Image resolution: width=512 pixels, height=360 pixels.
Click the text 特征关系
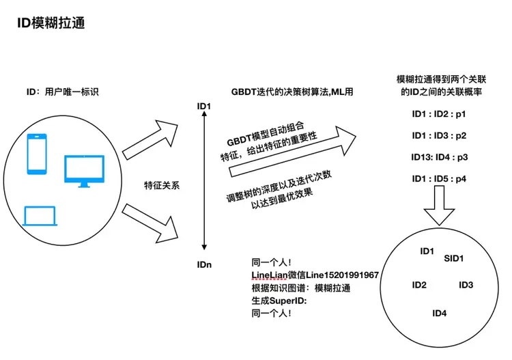pyautogui.click(x=162, y=185)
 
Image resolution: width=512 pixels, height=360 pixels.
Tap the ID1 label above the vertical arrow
pyautogui.click(x=204, y=106)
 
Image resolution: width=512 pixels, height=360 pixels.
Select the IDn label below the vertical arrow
pyautogui.click(x=204, y=264)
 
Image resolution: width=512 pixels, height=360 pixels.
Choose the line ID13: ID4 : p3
pyautogui.click(x=439, y=156)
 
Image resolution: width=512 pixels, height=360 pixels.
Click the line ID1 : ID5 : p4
pyautogui.click(x=439, y=178)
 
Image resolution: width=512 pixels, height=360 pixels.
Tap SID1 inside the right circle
pyautogui.click(x=454, y=259)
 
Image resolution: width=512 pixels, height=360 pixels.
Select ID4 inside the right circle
pyautogui.click(x=440, y=313)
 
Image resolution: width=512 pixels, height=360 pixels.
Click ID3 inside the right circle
pyautogui.click(x=466, y=285)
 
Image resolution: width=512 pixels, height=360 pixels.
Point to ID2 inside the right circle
pyautogui.click(x=420, y=285)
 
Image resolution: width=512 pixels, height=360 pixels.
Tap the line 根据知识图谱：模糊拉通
pyautogui.click(x=301, y=288)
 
